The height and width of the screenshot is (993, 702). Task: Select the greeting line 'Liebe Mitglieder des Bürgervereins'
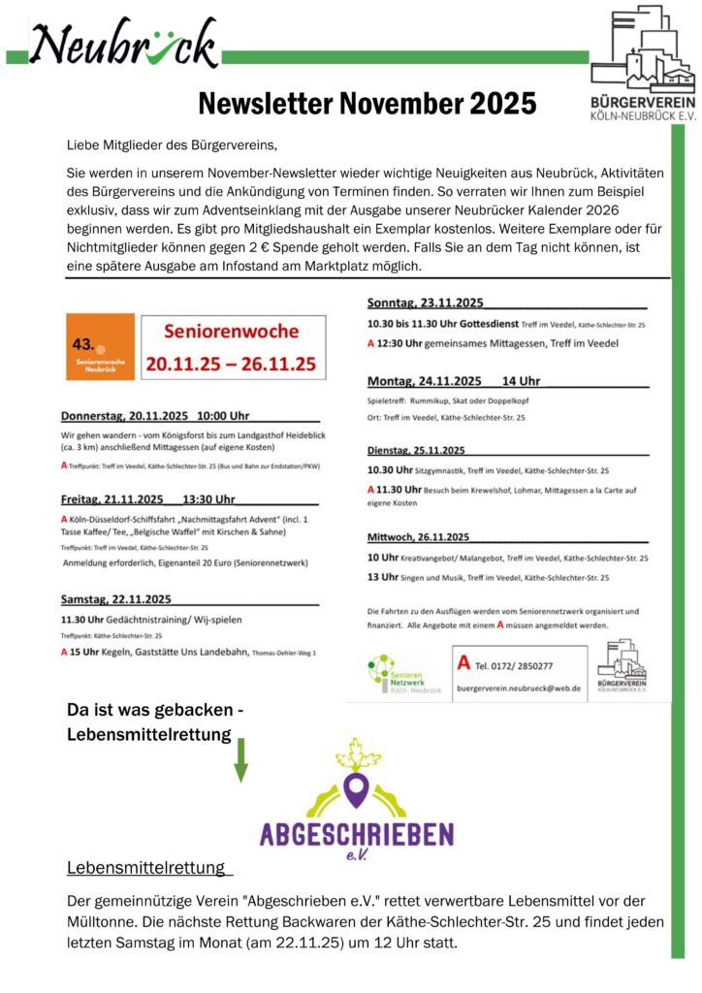pyautogui.click(x=172, y=145)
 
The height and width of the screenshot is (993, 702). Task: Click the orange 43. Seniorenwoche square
pyautogui.click(x=100, y=347)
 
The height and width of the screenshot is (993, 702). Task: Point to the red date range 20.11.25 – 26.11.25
pyautogui.click(x=231, y=365)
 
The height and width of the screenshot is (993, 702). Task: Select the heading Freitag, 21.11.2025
pyautogui.click(x=148, y=500)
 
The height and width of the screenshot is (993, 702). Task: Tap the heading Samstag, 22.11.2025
pyautogui.click(x=116, y=599)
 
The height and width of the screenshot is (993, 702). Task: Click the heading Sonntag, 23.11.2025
pyautogui.click(x=425, y=302)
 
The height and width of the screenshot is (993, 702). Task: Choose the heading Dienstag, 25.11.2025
pyautogui.click(x=417, y=450)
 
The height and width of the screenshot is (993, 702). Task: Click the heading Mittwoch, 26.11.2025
pyautogui.click(x=419, y=537)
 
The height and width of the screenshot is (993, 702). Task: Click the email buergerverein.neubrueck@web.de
pyautogui.click(x=519, y=688)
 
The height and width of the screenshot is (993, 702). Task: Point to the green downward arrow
pyautogui.click(x=240, y=759)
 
